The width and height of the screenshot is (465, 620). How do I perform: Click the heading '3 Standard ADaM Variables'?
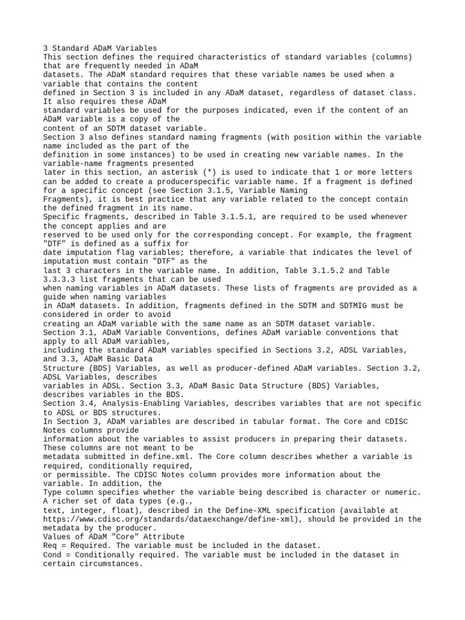click(100, 48)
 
